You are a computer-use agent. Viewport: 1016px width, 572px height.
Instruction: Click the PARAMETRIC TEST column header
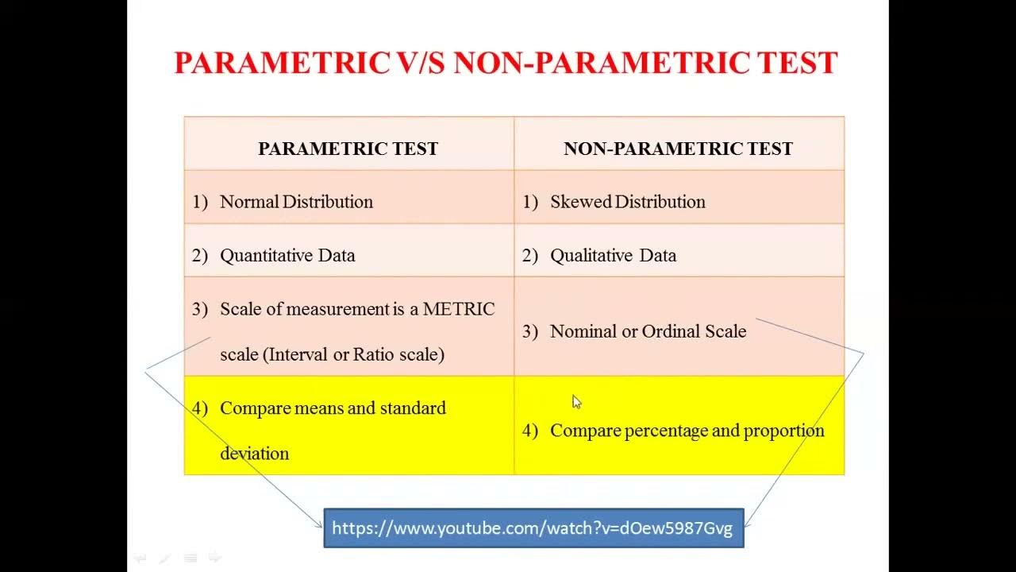coord(348,149)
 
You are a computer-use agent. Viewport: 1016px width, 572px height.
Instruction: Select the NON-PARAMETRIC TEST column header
coord(678,149)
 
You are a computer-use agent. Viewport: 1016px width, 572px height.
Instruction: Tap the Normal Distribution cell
coord(296,202)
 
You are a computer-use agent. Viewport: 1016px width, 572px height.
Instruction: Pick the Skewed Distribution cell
coord(627,202)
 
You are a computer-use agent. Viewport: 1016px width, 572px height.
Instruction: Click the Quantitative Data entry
coord(287,255)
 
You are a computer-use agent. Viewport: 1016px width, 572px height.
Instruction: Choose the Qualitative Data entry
coord(613,255)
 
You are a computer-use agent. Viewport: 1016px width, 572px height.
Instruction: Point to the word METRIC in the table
coord(459,309)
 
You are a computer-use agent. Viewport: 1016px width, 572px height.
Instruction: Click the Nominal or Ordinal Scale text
coord(648,331)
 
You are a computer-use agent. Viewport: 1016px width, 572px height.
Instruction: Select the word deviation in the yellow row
coord(254,454)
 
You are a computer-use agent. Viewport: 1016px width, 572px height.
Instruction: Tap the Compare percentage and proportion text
coord(687,431)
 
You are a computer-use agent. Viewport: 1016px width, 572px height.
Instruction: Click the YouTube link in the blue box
coord(532,528)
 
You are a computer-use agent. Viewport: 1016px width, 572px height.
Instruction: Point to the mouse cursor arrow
coord(576,402)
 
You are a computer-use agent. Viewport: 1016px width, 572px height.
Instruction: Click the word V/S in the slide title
coord(420,63)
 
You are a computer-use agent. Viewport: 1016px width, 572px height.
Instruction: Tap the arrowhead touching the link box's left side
coord(319,524)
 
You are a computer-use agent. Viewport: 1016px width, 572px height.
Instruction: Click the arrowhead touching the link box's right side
coord(748,524)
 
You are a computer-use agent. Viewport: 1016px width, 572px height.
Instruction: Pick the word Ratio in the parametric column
coord(373,354)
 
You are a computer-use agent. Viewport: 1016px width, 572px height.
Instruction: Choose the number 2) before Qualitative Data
coord(530,255)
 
